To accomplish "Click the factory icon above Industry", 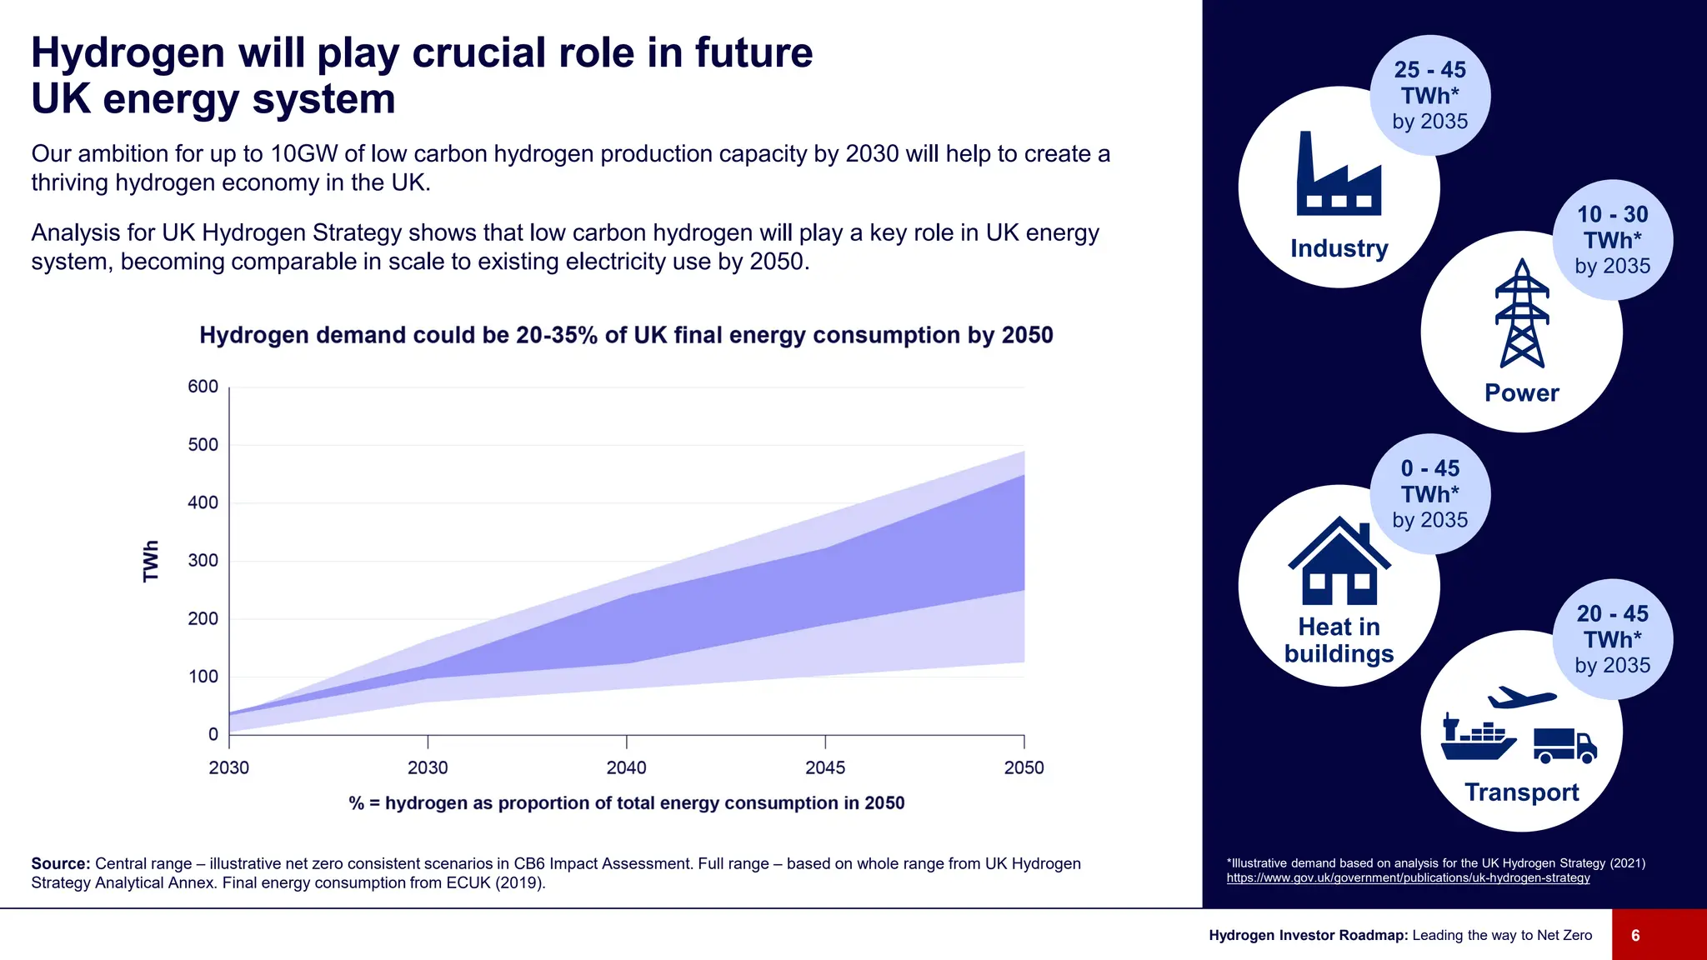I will [1339, 174].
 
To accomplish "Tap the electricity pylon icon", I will [1522, 314].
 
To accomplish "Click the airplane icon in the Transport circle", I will [1522, 697].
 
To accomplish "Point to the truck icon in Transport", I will [1564, 745].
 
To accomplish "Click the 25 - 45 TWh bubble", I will [1430, 95].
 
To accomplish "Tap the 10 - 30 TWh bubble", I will [1612, 240].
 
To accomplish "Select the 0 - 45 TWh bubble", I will [1430, 494].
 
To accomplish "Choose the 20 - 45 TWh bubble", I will [1612, 639].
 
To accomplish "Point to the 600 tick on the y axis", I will [203, 387].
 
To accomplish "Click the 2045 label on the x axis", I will [824, 767].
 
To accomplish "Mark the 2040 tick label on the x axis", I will [626, 767].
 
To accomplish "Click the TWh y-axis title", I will [151, 561].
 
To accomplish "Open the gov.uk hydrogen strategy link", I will [1408, 878].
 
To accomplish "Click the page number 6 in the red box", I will [1635, 935].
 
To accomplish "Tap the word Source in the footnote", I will [60, 864].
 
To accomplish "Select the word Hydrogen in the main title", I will [128, 53].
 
